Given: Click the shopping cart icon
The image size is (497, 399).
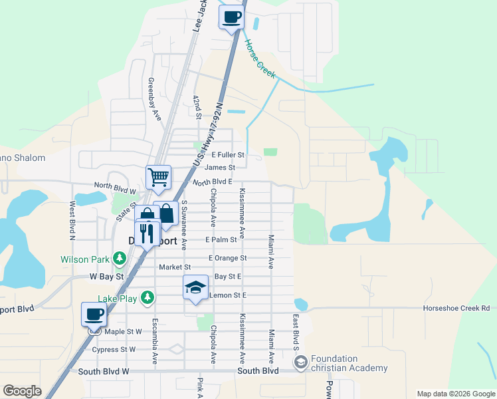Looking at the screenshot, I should coord(159,178).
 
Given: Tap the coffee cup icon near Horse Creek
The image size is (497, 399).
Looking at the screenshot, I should coord(231,17).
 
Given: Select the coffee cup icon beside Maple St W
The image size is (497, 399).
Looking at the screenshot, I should coord(94,314).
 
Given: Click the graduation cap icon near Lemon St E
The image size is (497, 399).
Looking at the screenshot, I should coord(195,287).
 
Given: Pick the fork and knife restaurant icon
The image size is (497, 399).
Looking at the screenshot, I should coord(147,232).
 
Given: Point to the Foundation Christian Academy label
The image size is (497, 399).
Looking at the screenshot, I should coord(348,364).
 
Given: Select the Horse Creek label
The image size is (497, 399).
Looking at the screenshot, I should coord(260,61).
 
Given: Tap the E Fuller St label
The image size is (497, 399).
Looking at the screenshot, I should coord(228,155).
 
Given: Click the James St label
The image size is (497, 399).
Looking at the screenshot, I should coord(220,168).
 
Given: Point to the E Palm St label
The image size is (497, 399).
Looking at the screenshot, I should coord(221,239).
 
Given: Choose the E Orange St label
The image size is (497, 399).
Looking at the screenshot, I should coord(227,258).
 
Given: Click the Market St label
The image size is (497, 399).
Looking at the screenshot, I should coord(175,267).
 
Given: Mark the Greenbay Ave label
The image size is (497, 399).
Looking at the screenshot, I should coord(154,99).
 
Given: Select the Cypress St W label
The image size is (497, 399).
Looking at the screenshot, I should coord(114,349).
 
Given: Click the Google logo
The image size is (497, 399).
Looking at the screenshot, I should coord(22,391).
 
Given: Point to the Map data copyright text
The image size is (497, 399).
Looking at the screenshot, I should coord(455,394).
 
